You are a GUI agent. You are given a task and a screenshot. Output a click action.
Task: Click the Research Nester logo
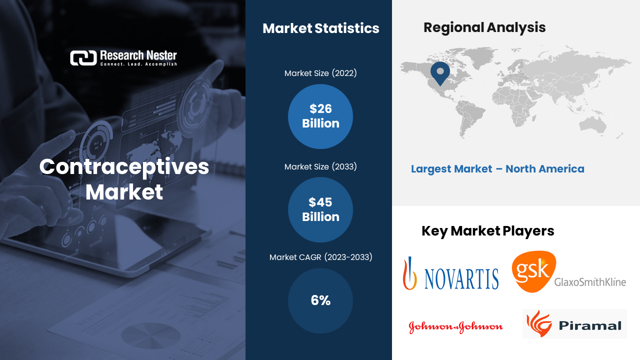point(123,58)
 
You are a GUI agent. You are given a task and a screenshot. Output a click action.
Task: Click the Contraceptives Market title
point(124,179)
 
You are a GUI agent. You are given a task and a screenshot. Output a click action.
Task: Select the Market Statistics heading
point(320,28)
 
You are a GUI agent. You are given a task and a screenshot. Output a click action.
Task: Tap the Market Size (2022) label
point(320,73)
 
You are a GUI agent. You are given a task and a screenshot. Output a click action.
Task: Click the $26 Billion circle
point(320,116)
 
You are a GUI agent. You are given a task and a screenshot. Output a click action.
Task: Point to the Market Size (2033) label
point(320,167)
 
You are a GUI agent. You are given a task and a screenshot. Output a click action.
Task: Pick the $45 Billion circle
point(320,209)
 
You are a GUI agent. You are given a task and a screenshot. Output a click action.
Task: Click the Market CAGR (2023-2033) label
point(320,257)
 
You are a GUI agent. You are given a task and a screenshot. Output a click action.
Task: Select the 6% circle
point(320,300)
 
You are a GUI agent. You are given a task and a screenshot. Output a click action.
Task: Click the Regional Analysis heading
point(484,27)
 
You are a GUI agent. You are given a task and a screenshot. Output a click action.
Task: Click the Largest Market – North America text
point(497,169)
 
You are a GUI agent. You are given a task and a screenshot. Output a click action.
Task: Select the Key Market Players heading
point(487,231)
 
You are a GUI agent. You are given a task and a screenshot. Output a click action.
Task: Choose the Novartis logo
point(451,273)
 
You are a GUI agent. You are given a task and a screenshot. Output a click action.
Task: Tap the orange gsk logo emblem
point(533,271)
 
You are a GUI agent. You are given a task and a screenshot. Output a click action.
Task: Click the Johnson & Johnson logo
point(455,327)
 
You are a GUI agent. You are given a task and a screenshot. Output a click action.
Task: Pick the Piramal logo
point(574,324)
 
